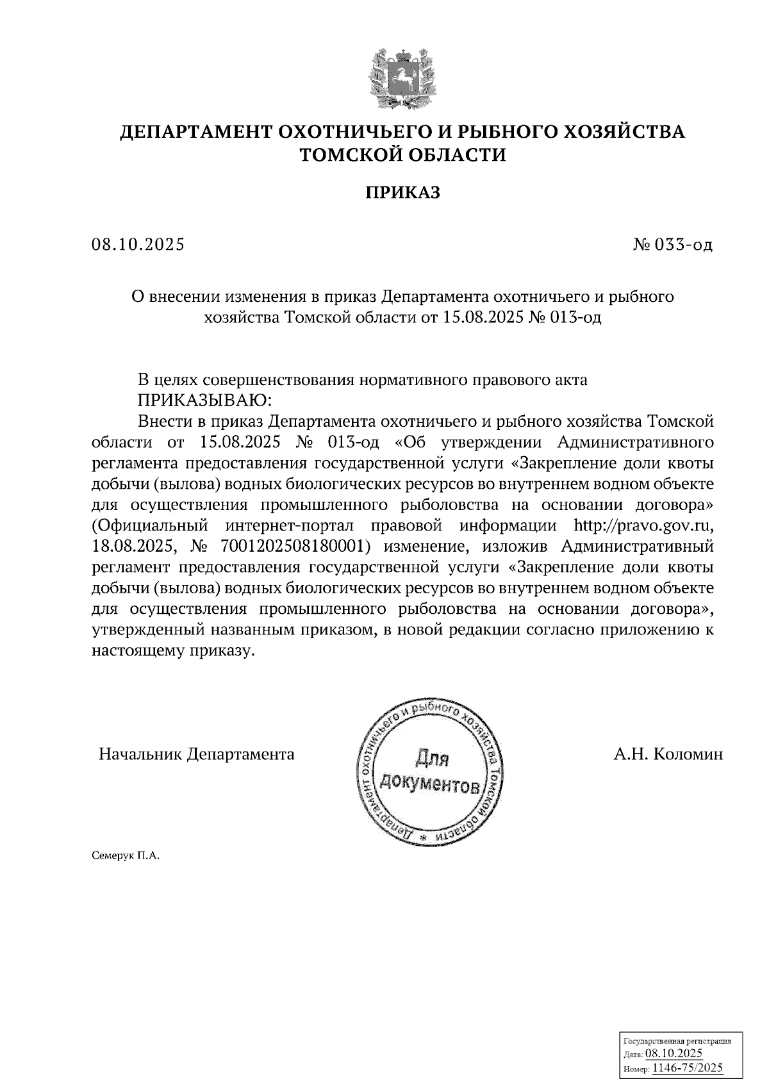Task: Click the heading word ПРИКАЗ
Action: coord(403,192)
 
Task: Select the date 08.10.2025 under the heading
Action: coord(138,245)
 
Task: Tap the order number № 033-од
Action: coord(672,245)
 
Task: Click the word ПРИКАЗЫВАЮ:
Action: coord(205,400)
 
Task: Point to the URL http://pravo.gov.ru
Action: coord(643,527)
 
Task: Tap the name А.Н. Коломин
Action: coord(668,754)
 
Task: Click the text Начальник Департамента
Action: coord(197,754)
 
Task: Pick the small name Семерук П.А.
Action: coord(125,855)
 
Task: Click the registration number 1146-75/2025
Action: coord(687,1067)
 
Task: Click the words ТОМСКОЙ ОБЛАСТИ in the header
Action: coord(403,155)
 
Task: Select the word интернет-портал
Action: coord(290,527)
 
